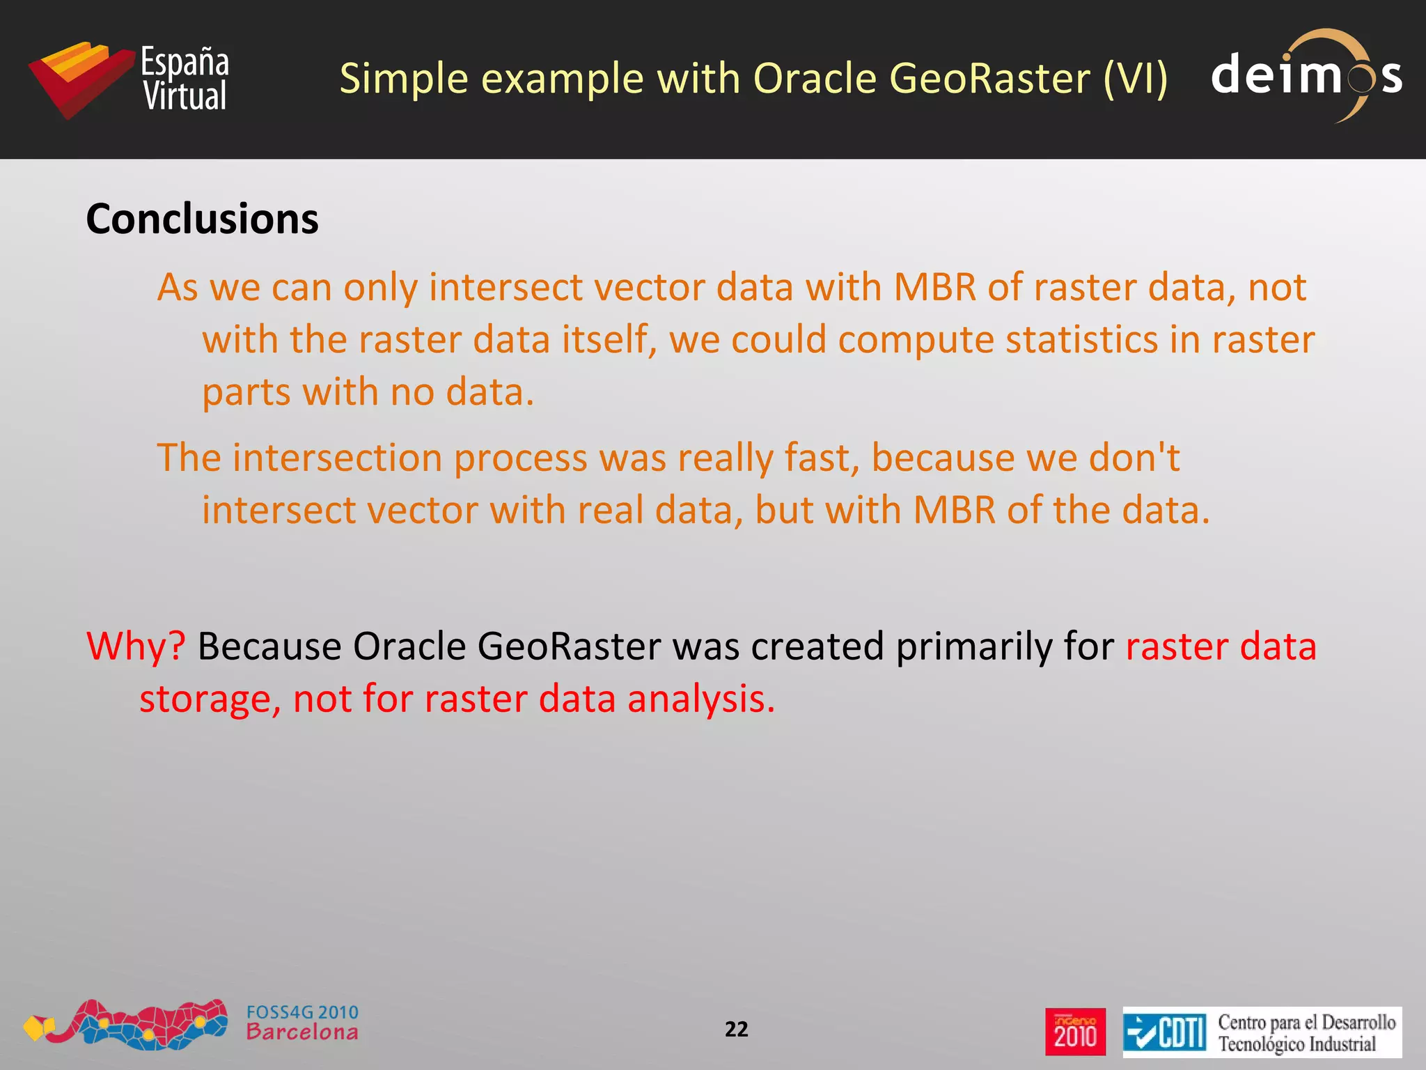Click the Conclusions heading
tap(202, 219)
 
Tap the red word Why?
tap(136, 646)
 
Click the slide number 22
tap(736, 1029)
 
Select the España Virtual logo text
tap(185, 79)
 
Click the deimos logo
tap(1306, 75)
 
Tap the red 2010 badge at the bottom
tap(1075, 1032)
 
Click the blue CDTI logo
tap(1164, 1032)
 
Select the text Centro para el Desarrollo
tap(1306, 1022)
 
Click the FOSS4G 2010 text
tap(302, 1012)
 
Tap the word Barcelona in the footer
tap(302, 1032)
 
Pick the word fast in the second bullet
tap(822, 458)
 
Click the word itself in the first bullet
tap(609, 340)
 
